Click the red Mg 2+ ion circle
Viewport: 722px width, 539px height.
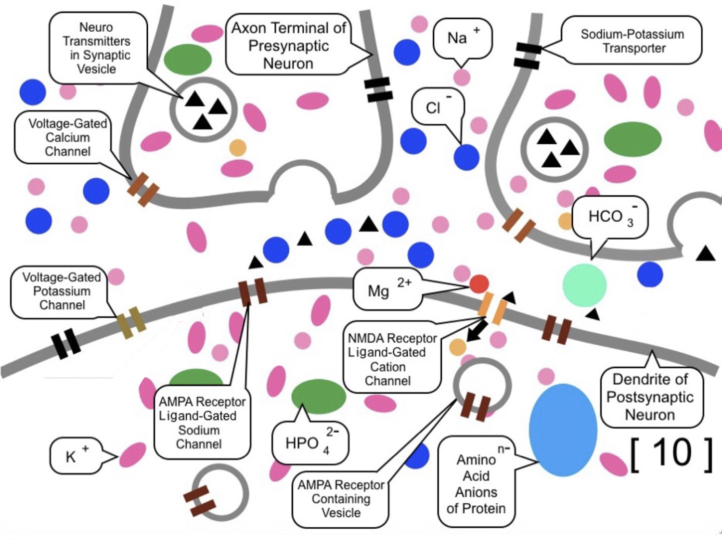[x=479, y=284]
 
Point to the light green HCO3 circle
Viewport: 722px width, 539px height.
[x=584, y=285]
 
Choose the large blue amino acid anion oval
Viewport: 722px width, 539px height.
[x=563, y=429]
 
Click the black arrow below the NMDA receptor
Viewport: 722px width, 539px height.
[x=477, y=332]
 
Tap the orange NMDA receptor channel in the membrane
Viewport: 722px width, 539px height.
[x=492, y=308]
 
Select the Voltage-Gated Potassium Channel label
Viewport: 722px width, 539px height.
[x=61, y=291]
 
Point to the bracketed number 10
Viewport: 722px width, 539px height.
[x=671, y=454]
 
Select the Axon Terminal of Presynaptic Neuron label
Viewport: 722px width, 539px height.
[x=288, y=46]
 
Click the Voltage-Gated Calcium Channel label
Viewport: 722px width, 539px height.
[x=67, y=138]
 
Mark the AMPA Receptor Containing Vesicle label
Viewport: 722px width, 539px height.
[x=341, y=499]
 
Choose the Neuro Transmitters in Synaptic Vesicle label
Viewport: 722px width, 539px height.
[x=97, y=48]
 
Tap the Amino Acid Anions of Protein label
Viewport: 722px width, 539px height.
[x=476, y=484]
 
